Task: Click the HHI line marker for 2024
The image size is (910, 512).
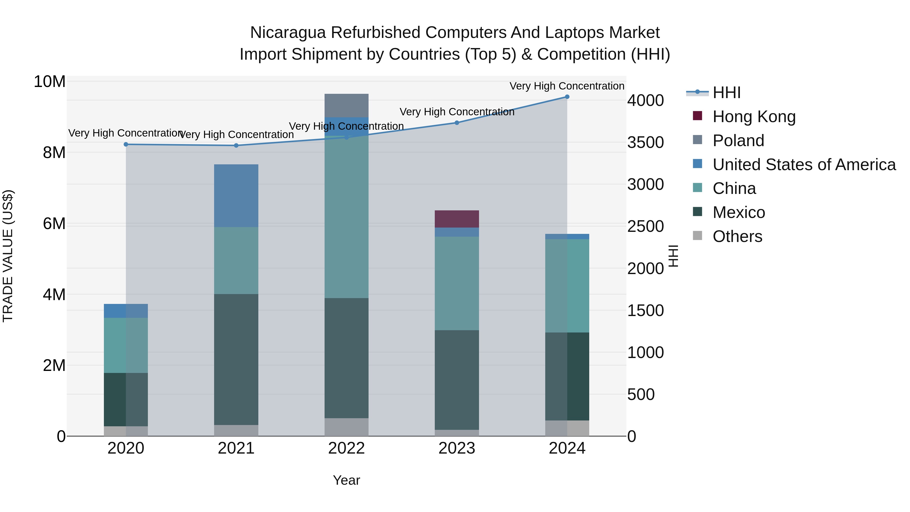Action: (567, 97)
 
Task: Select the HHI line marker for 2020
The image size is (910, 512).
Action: (126, 144)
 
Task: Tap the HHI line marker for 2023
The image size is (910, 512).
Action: (457, 123)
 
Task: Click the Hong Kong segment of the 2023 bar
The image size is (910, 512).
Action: (457, 219)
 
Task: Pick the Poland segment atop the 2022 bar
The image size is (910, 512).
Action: (346, 105)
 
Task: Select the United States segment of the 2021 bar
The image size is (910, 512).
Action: (236, 196)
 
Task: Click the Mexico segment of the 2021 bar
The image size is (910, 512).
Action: (236, 359)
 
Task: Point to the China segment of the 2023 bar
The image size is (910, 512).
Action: (457, 283)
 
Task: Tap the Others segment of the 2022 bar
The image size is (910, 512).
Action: (346, 427)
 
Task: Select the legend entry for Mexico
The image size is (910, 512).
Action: (738, 212)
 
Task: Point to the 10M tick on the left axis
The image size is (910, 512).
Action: (50, 82)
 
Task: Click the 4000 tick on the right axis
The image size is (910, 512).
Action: (645, 100)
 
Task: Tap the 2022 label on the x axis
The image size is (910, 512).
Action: (346, 448)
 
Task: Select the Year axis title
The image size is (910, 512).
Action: (346, 480)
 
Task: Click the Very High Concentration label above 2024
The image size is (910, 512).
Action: (567, 86)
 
